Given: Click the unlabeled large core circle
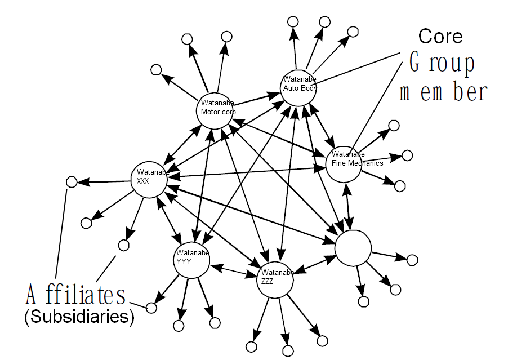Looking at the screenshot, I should coord(353,248).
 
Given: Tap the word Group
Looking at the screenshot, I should coord(442,64).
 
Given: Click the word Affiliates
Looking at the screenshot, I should coord(76,294).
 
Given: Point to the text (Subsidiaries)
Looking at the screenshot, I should coord(79,317).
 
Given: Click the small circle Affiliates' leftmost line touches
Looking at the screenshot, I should coord(72,183).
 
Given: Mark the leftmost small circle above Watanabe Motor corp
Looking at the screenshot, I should coord(157,70).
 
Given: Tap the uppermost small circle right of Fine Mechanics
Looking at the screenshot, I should coord(394,126).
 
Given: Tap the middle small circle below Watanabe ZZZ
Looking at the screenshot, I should coord(288,351).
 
